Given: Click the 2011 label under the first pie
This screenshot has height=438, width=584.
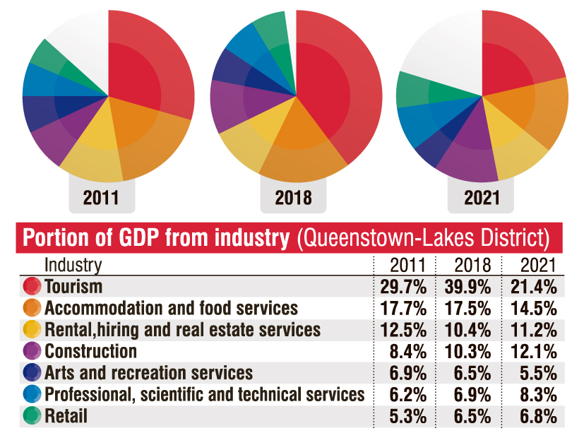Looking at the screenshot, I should [x=101, y=197].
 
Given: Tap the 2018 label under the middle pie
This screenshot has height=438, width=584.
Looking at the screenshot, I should [x=293, y=197].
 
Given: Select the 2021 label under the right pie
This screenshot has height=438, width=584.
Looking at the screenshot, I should [x=482, y=197].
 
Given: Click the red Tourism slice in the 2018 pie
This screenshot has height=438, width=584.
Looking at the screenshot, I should [x=332, y=85].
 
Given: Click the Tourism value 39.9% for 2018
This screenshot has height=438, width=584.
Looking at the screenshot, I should [x=467, y=287].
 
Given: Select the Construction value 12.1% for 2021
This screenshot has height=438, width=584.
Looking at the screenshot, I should [x=533, y=351].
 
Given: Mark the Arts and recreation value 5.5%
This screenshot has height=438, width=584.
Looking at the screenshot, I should [x=533, y=373].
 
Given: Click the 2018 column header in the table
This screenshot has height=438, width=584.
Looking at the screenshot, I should [x=467, y=266].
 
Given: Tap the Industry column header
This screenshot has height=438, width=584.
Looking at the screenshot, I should [x=73, y=265].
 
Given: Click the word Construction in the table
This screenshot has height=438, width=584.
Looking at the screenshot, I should [x=90, y=351].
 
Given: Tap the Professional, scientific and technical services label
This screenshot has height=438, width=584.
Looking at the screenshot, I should [x=204, y=394].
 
